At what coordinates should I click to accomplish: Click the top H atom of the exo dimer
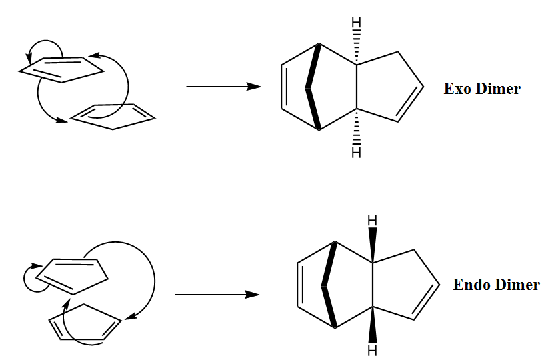(x=356, y=23)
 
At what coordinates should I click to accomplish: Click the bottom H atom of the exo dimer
(x=356, y=152)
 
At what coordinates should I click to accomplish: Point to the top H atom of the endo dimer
(x=372, y=221)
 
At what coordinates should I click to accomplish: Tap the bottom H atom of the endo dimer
(x=372, y=351)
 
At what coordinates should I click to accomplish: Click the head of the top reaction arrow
(x=254, y=87)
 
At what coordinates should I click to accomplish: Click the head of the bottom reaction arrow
(x=252, y=295)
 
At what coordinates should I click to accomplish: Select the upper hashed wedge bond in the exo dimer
(x=356, y=47)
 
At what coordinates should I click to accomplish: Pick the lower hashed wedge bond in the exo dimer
(x=356, y=127)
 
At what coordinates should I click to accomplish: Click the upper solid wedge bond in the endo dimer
(x=372, y=245)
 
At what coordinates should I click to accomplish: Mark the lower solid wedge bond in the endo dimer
(x=372, y=325)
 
